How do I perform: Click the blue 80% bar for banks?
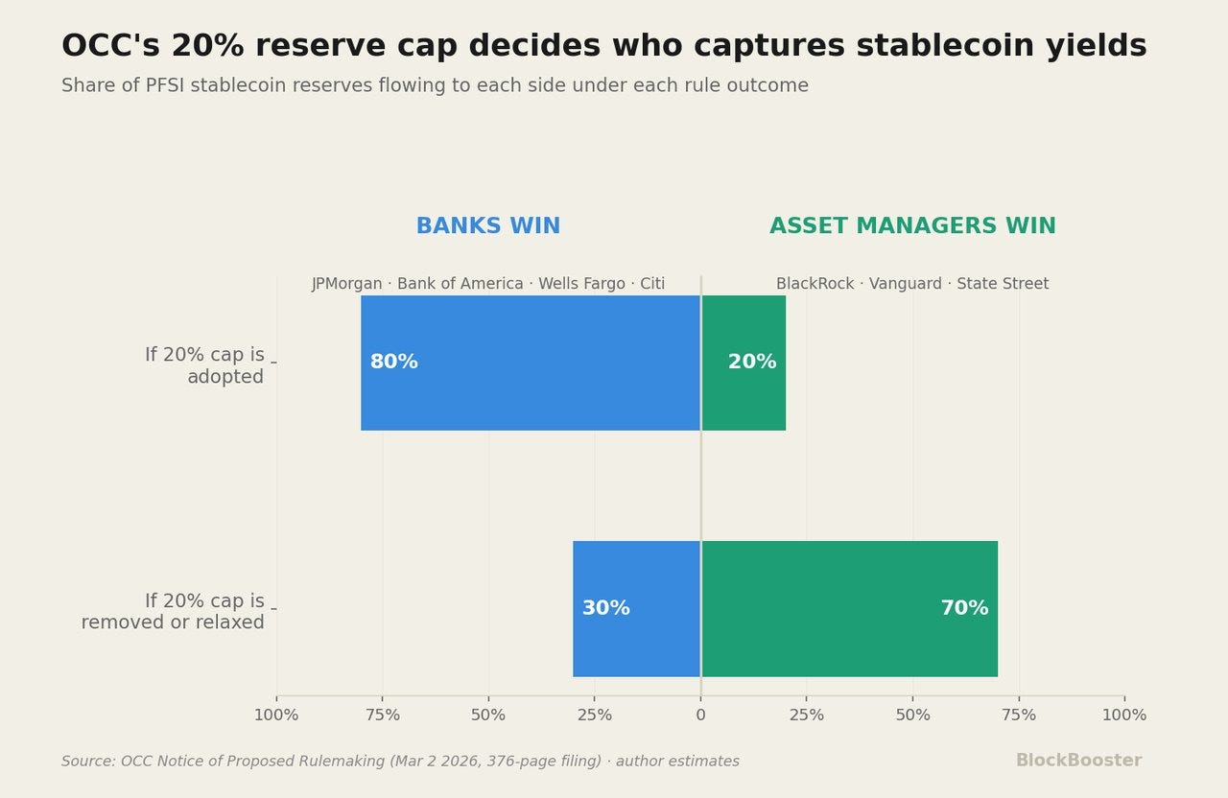pos(531,363)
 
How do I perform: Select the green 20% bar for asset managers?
pos(744,363)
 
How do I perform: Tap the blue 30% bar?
pos(636,608)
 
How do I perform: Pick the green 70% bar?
pos(850,608)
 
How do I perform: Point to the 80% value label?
pos(393,362)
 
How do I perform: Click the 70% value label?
pos(964,608)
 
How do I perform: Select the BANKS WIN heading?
pos(488,225)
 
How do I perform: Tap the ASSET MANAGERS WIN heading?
pos(912,225)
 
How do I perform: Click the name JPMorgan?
pos(347,284)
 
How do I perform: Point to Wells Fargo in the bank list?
pos(581,284)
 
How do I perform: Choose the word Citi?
pos(652,284)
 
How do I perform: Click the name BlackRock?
pos(815,284)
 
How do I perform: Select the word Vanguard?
pos(905,284)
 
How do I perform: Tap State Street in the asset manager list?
pos(1003,284)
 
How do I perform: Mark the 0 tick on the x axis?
pos(700,716)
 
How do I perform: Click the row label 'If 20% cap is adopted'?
pos(204,365)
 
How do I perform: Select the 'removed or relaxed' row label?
pos(173,622)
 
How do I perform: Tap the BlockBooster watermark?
pos(1079,761)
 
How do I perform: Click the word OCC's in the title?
pos(110,45)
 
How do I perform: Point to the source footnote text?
pos(400,762)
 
